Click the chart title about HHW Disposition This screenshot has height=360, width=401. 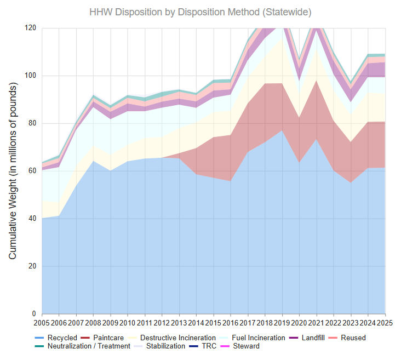[x=200, y=12]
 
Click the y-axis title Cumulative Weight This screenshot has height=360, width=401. [x=13, y=171]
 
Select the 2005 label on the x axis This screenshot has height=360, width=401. [x=42, y=323]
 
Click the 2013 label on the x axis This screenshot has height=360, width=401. [x=179, y=323]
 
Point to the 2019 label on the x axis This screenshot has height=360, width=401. [x=282, y=323]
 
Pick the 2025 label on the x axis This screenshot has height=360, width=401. [x=385, y=323]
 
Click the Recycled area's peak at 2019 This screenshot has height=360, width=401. [x=282, y=130]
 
